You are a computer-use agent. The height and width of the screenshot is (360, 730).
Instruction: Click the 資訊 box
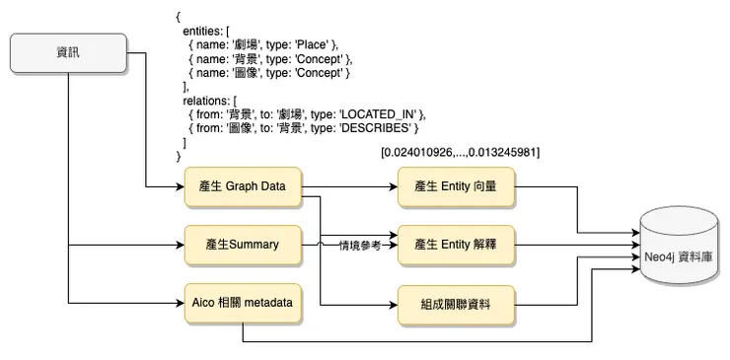point(69,53)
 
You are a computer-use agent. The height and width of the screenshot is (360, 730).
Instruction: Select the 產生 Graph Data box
point(243,186)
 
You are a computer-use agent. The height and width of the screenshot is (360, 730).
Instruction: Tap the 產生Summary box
point(243,244)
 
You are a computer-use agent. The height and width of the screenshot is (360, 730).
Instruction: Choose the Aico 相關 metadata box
point(243,301)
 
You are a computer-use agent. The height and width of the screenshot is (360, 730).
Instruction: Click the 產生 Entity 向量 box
point(456,186)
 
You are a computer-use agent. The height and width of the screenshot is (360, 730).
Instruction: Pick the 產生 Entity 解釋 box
point(456,244)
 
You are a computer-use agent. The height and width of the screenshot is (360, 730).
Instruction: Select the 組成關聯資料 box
point(456,301)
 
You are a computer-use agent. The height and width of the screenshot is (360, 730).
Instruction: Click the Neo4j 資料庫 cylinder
point(682,253)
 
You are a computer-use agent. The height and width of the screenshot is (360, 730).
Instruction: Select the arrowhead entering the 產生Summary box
point(181,244)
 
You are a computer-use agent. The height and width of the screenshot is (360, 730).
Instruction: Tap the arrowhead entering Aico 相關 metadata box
point(181,301)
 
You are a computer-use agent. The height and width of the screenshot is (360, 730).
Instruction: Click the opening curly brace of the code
point(179,17)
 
